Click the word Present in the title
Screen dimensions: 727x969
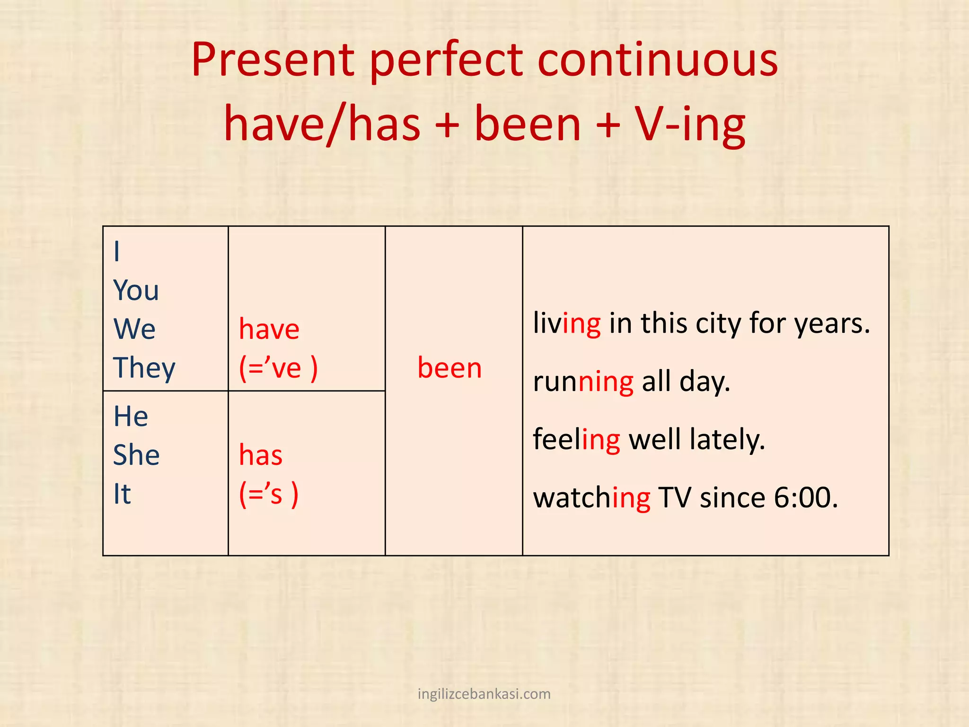click(x=273, y=60)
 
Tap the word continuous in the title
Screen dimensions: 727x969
click(x=657, y=60)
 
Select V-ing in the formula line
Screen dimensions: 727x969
click(x=690, y=124)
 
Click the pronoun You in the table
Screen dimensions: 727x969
click(x=136, y=290)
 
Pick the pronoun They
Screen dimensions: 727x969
click(x=144, y=368)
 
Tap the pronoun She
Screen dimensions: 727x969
click(x=136, y=455)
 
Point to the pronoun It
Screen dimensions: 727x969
click(x=122, y=494)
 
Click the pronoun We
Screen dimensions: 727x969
click(x=134, y=329)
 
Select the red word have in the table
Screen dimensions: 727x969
click(x=269, y=329)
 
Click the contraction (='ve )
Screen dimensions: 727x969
click(x=278, y=368)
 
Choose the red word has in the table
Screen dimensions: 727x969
click(x=260, y=455)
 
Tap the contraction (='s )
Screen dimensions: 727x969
click(x=269, y=494)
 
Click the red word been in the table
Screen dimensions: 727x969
click(x=449, y=368)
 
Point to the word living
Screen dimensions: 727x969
click(x=567, y=324)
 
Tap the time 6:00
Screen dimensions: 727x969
click(x=805, y=498)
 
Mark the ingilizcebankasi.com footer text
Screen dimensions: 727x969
click(x=484, y=694)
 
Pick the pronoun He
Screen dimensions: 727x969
click(x=131, y=417)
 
